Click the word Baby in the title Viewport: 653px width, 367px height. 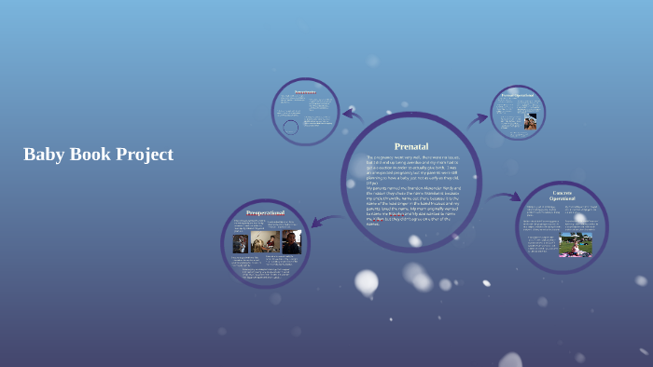[43, 155]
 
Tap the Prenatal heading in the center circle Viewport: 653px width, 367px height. [410, 146]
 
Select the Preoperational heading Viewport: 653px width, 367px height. [265, 213]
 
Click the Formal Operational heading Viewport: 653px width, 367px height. [518, 95]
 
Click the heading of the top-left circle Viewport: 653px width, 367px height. [305, 92]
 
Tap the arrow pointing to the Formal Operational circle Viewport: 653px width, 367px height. [477, 118]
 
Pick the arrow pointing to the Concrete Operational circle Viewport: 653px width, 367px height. [505, 197]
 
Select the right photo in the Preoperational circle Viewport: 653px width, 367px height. [291, 242]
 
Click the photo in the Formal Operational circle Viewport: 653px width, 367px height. [530, 122]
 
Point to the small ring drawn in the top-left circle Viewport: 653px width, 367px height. [291, 127]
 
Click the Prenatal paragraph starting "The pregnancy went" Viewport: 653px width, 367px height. [410, 170]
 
